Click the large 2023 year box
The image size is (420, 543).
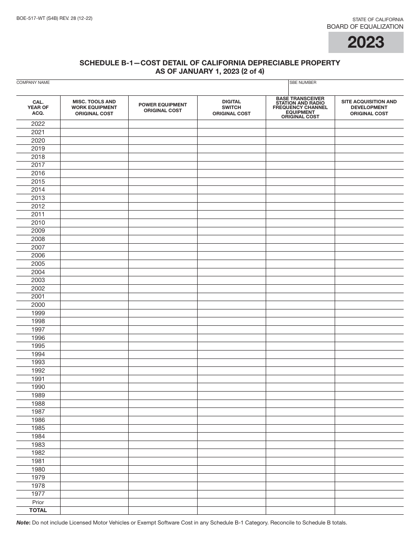tap(366, 42)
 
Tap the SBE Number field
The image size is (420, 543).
tap(346, 87)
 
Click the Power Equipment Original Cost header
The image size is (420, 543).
tap(163, 108)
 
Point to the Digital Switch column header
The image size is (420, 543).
tap(231, 108)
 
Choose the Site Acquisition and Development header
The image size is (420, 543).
tap(369, 108)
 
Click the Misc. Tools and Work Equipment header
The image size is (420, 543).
tap(94, 108)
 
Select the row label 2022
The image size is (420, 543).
tap(38, 124)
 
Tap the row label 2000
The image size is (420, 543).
tap(38, 305)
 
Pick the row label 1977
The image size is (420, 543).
tap(38, 494)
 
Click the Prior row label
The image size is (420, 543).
tap(38, 502)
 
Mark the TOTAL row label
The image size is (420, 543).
tap(38, 510)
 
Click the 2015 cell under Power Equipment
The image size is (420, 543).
tap(163, 182)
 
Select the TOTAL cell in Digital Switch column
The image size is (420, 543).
tap(231, 510)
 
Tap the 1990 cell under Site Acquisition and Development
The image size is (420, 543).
tap(369, 387)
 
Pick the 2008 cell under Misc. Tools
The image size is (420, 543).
tap(94, 239)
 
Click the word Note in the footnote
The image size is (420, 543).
tap(23, 523)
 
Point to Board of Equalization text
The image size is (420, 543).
tap(365, 26)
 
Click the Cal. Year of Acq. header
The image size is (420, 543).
tap(38, 108)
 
